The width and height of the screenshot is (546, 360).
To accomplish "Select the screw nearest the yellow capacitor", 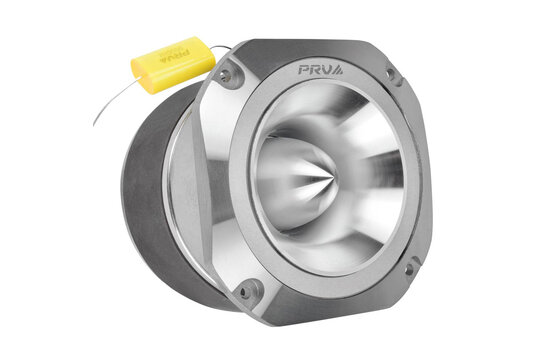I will [226, 75].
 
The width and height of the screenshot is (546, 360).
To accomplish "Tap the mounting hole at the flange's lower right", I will [408, 268].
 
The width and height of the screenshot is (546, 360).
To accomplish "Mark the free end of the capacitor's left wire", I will [95, 123].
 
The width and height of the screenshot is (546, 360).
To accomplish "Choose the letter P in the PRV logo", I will [304, 70].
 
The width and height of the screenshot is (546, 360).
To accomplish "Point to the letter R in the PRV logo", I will [316, 70].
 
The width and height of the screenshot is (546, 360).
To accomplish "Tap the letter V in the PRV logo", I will [328, 70].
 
